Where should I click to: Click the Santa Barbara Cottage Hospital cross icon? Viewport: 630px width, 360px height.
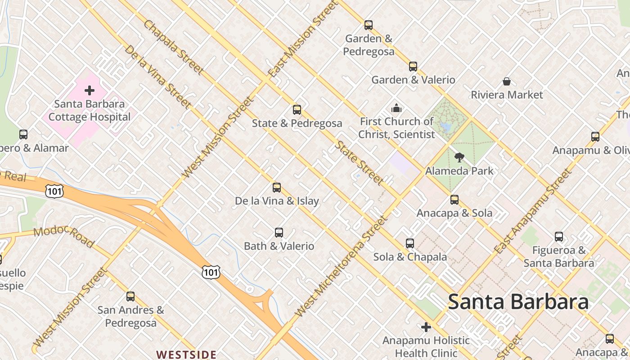90,90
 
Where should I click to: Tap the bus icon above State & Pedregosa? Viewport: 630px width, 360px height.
297,109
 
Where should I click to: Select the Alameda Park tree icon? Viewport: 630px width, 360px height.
459,157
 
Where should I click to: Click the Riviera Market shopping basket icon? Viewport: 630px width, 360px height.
507,81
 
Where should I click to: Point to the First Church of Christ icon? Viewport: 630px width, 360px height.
396,108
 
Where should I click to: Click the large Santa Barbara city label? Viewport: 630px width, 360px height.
518,301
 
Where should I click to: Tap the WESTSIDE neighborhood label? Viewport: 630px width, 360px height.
186,355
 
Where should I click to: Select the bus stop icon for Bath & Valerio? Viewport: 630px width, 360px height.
279,233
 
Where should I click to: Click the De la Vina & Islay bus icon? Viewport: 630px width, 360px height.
277,188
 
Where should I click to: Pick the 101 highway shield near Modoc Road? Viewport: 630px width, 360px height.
211,271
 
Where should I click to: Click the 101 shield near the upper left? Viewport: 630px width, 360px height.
54,192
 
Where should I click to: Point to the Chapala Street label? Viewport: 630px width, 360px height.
173,47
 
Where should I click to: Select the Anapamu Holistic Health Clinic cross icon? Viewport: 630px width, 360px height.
426,327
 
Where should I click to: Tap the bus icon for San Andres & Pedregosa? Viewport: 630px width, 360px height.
130,297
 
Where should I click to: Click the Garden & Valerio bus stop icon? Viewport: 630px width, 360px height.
413,67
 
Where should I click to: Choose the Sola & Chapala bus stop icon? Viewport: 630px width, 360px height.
410,243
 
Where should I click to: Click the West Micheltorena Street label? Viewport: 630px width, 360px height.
341,266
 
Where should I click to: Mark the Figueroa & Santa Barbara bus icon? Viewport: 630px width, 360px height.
559,237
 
